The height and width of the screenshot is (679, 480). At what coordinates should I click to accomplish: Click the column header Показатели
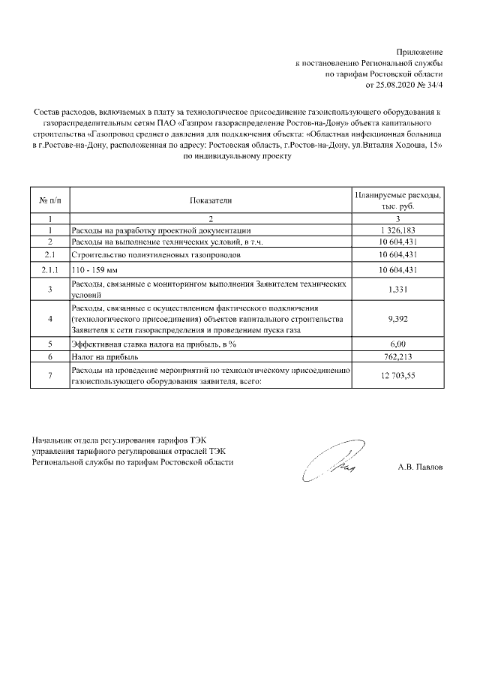[x=211, y=200]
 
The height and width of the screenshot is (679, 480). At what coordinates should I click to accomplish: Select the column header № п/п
[x=49, y=200]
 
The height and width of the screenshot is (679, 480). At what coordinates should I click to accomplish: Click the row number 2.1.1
[x=49, y=269]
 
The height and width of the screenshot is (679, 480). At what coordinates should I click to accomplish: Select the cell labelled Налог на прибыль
[x=102, y=357]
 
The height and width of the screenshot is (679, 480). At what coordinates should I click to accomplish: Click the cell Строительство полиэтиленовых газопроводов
[x=156, y=255]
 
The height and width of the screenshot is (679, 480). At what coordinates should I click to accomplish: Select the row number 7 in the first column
[x=49, y=376]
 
